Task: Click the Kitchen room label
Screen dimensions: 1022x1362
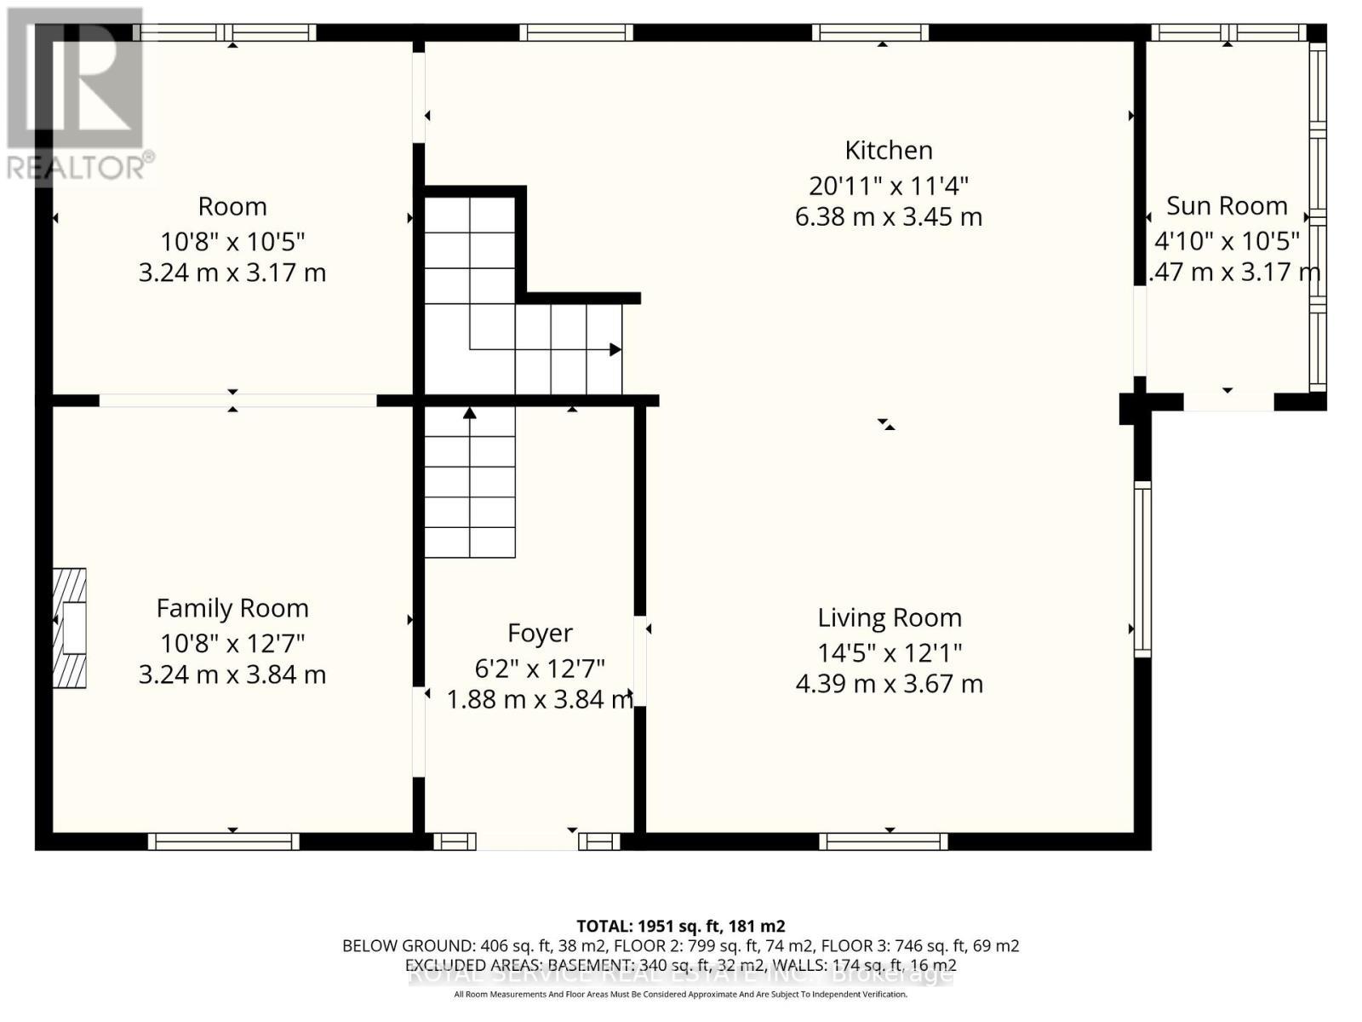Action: coord(888,151)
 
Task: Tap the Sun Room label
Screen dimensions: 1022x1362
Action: coord(1226,206)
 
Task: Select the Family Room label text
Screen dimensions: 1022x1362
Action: coord(232,608)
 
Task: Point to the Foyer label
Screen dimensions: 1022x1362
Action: coord(540,633)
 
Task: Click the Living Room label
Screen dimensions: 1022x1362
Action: coord(889,617)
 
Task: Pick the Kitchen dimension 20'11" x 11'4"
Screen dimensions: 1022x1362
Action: coord(888,185)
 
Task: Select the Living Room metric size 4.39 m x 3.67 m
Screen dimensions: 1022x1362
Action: coord(889,684)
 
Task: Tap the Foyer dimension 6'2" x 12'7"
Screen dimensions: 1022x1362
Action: coord(540,668)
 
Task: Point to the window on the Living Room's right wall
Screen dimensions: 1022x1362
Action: coord(1142,569)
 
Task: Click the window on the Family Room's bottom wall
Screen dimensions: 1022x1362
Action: coord(224,841)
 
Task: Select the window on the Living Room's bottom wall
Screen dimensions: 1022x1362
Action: coord(883,841)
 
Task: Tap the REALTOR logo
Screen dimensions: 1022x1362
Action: coord(77,94)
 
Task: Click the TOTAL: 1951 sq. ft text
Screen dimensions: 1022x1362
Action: coord(680,926)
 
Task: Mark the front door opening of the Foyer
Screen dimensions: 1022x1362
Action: coord(527,841)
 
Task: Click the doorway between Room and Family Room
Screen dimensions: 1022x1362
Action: coord(237,400)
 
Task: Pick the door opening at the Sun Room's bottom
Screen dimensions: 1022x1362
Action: coord(1228,401)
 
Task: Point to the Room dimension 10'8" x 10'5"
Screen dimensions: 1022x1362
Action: coord(232,242)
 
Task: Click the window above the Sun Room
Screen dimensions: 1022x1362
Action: coord(1228,32)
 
